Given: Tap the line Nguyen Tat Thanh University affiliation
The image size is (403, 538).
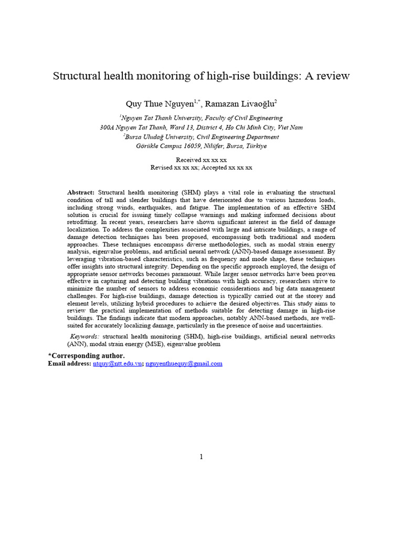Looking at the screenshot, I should click(x=201, y=118).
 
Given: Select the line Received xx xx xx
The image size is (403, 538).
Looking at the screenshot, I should click(x=201, y=160).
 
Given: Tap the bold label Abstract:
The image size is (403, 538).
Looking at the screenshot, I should click(x=81, y=193).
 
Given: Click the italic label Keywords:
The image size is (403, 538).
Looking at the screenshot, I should click(x=85, y=336).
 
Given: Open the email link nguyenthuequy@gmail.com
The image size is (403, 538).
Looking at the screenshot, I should click(x=184, y=364).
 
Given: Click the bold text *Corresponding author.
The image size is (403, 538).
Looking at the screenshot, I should click(x=87, y=356).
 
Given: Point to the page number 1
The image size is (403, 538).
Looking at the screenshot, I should click(x=201, y=457).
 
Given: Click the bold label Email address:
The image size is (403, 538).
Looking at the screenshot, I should click(x=69, y=364).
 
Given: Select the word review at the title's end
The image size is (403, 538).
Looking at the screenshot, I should click(x=332, y=76).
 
